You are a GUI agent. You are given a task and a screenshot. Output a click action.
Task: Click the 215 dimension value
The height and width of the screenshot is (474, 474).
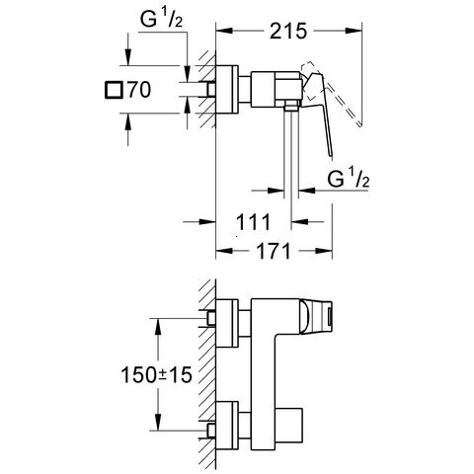(288, 32)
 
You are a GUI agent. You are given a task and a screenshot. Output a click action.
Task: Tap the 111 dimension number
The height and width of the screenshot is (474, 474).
(253, 222)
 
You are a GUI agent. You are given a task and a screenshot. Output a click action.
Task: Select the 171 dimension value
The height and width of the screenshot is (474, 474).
(274, 251)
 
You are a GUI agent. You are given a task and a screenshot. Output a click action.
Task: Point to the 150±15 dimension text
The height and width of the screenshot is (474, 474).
(157, 375)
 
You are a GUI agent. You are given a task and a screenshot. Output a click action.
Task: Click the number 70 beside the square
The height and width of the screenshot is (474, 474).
(139, 90)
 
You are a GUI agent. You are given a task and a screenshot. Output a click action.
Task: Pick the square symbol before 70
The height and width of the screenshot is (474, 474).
(114, 90)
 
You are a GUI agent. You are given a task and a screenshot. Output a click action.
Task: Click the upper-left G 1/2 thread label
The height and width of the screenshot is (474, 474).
(161, 19)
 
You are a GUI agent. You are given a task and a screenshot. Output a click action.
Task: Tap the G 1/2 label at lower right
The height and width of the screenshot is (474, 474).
(349, 178)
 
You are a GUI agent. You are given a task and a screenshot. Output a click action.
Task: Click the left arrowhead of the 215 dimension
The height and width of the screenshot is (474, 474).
(224, 31)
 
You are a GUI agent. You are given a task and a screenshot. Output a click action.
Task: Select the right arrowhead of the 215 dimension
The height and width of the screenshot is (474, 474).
(354, 31)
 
